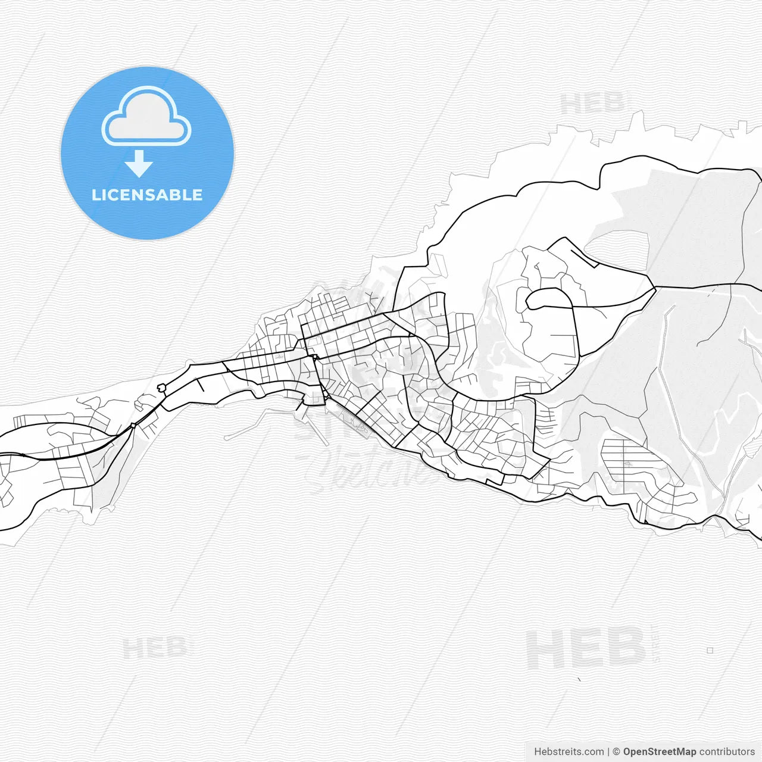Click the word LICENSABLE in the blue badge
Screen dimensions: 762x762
pyautogui.click(x=147, y=195)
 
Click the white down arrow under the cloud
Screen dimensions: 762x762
pyautogui.click(x=139, y=164)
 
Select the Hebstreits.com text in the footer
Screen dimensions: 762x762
pyautogui.click(x=569, y=752)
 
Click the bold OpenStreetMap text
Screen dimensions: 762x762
pyautogui.click(x=660, y=752)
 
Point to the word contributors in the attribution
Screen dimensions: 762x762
pyautogui.click(x=727, y=752)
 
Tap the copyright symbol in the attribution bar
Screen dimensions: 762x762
pyautogui.click(x=616, y=752)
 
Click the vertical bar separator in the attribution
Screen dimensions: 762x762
pyautogui.click(x=608, y=752)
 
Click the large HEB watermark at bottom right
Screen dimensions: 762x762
pyautogui.click(x=586, y=649)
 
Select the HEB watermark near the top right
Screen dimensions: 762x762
pyautogui.click(x=592, y=105)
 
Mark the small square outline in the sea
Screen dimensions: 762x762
pyautogui.click(x=710, y=650)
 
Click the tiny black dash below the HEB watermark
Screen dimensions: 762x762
pyautogui.click(x=579, y=679)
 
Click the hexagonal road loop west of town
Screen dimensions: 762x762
pyautogui.click(x=161, y=388)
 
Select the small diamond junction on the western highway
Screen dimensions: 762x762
pyautogui.click(x=133, y=425)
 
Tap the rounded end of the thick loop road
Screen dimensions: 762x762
pyautogui.click(x=529, y=300)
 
